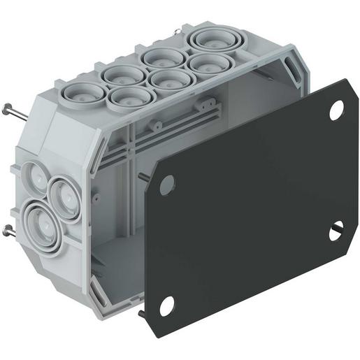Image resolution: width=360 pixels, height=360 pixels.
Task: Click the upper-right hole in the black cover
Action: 336,110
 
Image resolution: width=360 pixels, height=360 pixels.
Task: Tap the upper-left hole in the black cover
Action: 166,185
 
